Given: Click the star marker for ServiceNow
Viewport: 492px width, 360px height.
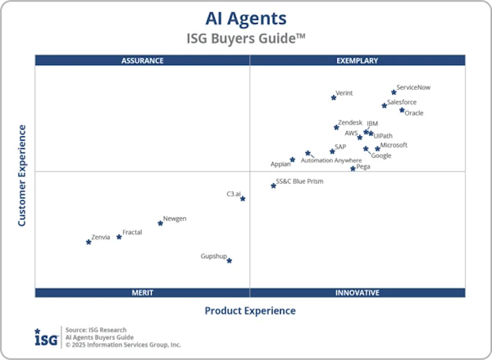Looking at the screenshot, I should tap(394, 92).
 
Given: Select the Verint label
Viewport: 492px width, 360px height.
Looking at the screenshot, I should tap(344, 93).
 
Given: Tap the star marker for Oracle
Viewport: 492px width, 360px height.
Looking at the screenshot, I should tap(402, 110).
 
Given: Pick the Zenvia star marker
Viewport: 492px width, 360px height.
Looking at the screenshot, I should tap(89, 242).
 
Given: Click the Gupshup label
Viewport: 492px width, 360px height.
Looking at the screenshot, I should tap(213, 256).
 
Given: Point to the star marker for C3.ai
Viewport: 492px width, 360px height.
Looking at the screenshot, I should tap(243, 199).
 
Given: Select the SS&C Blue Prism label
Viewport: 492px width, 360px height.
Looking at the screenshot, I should tap(299, 182).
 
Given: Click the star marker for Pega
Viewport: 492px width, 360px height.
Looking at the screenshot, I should tap(353, 169).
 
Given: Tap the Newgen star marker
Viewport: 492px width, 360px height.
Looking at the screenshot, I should tap(160, 223).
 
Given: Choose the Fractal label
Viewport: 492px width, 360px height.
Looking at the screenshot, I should tap(132, 232).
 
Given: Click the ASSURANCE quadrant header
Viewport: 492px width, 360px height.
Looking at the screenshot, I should tap(142, 61).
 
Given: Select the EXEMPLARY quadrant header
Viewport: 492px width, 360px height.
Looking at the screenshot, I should tap(357, 61).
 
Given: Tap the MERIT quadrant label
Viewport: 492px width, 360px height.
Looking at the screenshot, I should tap(142, 293).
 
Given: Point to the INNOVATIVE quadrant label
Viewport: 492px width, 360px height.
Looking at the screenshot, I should tap(357, 293).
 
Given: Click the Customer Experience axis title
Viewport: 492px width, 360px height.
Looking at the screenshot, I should tap(22, 175).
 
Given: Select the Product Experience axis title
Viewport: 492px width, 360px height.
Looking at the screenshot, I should tap(250, 311).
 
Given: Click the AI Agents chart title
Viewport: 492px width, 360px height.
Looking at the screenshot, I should tap(246, 18).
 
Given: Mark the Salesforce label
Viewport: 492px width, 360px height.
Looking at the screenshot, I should tap(402, 102).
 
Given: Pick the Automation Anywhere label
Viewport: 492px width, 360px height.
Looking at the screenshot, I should tap(331, 160).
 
